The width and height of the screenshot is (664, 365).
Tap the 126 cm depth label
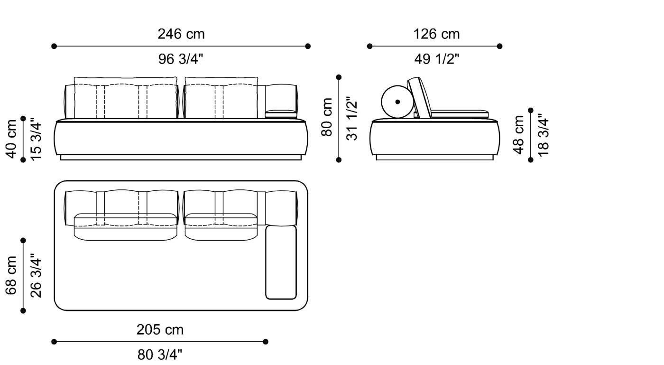(436, 34)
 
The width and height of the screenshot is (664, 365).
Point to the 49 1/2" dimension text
(436, 59)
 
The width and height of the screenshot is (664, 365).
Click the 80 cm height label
(327, 117)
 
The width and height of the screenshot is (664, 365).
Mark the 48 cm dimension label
(519, 134)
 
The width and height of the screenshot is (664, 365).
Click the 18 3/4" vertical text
(543, 134)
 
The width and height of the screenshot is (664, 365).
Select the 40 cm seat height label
(11, 139)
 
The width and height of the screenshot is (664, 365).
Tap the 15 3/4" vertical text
(36, 139)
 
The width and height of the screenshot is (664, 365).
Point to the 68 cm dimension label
(11, 275)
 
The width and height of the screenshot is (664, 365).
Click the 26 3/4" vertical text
(36, 275)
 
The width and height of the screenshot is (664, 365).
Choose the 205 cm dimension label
(160, 329)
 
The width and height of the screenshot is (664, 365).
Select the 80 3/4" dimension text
(160, 355)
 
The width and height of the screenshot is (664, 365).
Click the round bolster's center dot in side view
(397, 102)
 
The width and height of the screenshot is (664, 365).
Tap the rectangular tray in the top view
(281, 262)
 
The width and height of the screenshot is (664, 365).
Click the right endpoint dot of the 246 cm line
(308, 46)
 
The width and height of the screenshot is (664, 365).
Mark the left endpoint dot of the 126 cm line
(370, 46)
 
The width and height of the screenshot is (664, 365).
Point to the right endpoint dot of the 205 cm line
(266, 341)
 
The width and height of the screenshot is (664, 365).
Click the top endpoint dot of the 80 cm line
(339, 76)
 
